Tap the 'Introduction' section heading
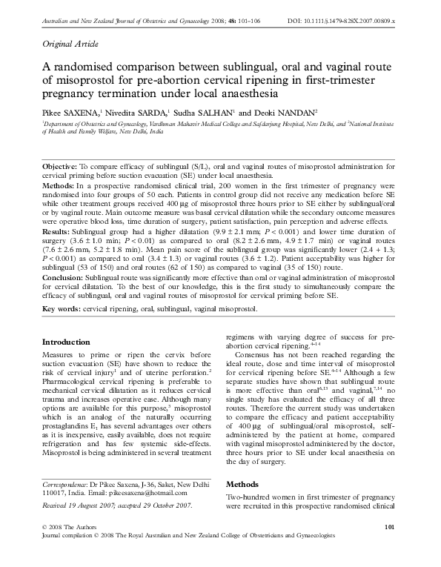point(66,342)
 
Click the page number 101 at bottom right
point(393,546)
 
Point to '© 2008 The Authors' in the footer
point(72,546)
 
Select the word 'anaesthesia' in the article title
point(243,94)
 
